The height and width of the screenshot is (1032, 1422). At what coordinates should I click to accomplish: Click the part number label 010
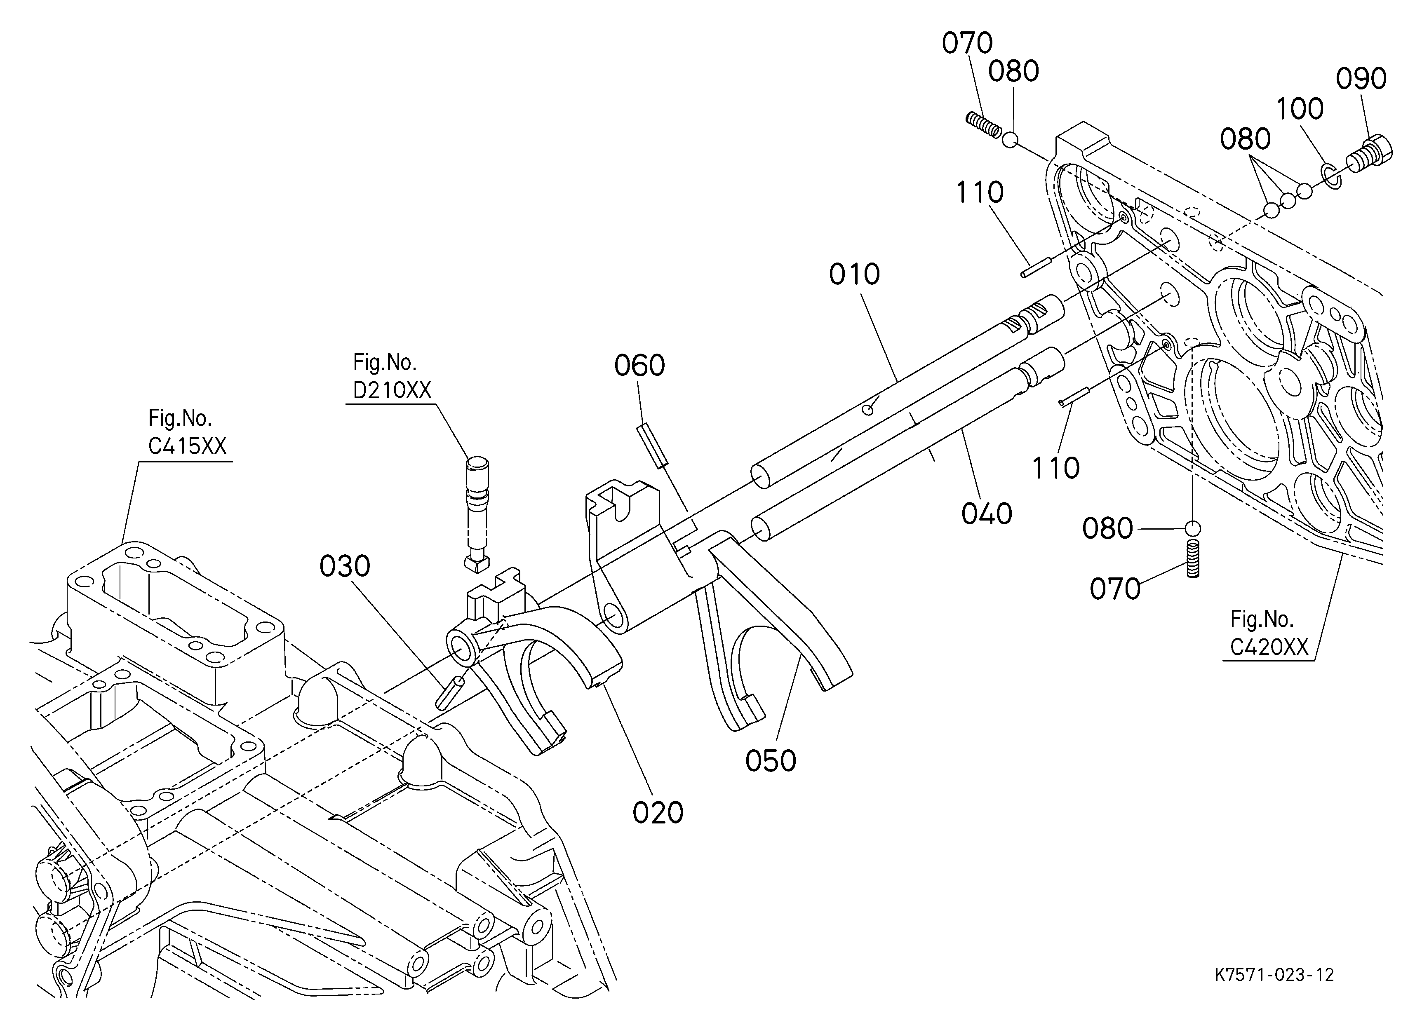point(855,274)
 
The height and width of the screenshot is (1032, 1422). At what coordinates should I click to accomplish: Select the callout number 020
point(658,813)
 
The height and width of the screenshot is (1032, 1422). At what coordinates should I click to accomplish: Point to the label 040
point(987,514)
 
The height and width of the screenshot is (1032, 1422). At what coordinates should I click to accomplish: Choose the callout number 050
point(771,761)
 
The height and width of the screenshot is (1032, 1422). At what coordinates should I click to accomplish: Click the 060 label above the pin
point(639,365)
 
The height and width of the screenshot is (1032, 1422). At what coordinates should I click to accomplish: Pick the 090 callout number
point(1361,79)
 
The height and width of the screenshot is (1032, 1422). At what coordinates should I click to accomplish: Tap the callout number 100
point(1300,109)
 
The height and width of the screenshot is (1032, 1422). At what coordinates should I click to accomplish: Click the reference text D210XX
point(392,390)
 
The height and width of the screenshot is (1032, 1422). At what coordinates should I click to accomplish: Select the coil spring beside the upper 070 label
point(983,124)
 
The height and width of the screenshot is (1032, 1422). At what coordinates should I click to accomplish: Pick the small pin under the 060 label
point(653,446)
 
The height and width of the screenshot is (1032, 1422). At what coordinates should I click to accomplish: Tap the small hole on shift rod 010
point(868,410)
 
